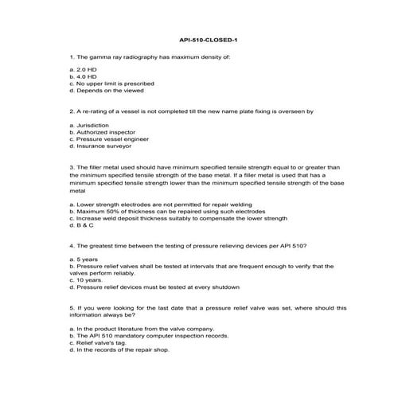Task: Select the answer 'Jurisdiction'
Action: [92, 126]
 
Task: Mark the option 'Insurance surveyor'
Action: [101, 146]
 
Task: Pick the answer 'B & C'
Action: [83, 224]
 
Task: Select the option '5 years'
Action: [86, 259]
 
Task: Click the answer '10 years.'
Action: [88, 280]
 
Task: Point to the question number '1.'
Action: [72, 57]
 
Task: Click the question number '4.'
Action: [72, 245]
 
